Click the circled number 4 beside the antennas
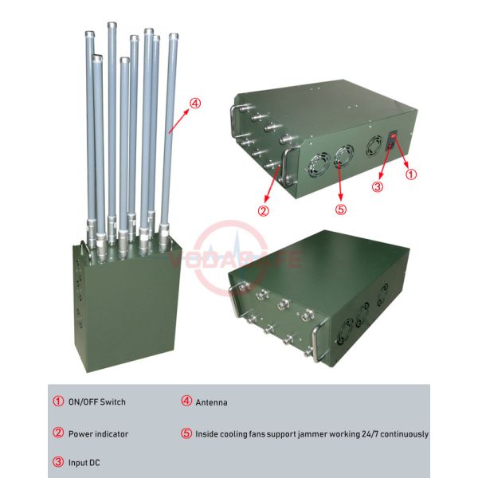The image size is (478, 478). [196, 102]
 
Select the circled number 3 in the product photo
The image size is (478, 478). [379, 187]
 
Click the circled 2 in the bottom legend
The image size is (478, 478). [59, 434]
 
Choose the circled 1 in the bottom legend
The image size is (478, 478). [59, 402]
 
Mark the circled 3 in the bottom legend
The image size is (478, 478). [59, 462]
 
